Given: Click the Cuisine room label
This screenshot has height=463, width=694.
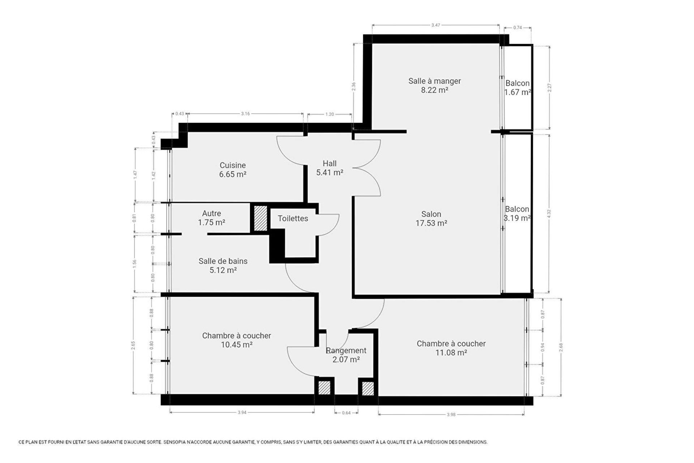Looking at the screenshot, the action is point(233,170).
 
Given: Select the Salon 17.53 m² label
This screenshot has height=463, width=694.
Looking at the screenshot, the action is point(431,218).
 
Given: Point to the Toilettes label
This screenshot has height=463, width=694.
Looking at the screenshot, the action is point(293,218).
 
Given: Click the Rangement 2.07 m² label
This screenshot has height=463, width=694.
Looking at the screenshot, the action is point(346,355).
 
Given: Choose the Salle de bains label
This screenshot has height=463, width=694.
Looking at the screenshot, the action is point(223,261).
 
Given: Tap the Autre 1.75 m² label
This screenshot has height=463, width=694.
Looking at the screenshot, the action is point(211,218).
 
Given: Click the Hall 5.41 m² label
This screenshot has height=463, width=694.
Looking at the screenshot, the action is point(330,168).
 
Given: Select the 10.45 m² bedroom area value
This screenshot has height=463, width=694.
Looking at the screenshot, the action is point(236,345).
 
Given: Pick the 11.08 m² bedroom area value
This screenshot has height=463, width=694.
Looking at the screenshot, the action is point(451,353).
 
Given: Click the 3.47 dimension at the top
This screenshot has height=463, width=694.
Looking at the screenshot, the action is point(436,25).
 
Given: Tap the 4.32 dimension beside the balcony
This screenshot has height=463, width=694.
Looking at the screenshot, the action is point(549,214).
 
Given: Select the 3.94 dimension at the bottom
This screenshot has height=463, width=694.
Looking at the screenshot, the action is point(242,412).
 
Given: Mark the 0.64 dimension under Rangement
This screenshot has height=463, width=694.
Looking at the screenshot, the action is point(346,413).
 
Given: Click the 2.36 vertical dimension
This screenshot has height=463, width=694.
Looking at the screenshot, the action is point(354,86).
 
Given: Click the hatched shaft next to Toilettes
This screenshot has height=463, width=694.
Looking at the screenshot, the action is point(260,218).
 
